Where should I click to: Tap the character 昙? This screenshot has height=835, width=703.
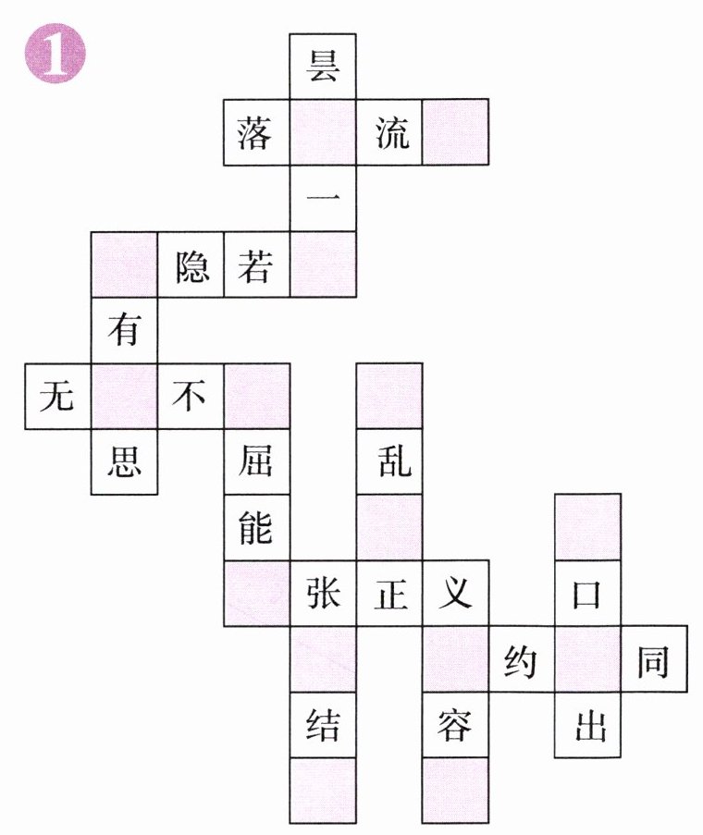point(323,67)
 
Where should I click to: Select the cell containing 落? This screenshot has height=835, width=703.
point(256,133)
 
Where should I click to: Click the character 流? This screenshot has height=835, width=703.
point(389,133)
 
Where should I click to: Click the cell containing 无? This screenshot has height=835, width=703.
point(57,397)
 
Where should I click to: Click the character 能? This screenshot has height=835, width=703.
point(256,527)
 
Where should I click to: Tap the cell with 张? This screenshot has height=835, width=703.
point(323,593)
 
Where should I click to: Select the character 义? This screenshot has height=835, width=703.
point(455,593)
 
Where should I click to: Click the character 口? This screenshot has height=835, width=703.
point(587,593)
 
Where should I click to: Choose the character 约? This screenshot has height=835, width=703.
point(522,659)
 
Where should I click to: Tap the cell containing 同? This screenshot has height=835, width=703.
point(654,659)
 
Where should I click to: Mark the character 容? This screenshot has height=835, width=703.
point(455,725)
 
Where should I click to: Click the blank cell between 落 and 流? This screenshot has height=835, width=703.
point(323,133)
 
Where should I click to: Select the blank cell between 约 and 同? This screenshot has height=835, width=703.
point(587,659)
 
